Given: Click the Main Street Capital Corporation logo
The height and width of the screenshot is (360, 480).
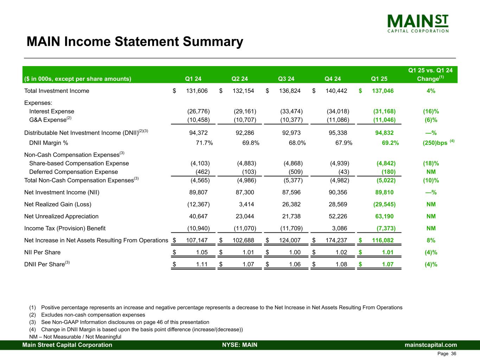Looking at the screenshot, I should [418, 24].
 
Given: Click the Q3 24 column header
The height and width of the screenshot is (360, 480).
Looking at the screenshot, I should [286, 79].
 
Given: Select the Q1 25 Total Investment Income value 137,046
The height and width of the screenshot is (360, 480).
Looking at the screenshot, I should [383, 91].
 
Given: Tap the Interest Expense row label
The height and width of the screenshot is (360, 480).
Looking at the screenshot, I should [52, 111].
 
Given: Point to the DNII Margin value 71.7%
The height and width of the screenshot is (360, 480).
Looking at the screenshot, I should [204, 143].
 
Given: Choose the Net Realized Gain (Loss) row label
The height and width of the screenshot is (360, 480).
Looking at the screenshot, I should [58, 204].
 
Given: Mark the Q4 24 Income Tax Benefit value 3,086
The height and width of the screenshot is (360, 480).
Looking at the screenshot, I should [339, 228].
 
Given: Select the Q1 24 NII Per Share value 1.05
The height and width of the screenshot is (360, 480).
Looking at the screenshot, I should [201, 252].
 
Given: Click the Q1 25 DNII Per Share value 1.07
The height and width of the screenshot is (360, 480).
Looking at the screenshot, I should [388, 264].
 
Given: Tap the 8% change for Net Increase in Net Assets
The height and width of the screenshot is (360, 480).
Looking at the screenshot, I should [431, 240].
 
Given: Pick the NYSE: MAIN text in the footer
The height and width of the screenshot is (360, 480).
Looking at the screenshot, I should [239, 345].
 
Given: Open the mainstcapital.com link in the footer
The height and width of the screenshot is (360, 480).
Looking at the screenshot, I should [431, 345].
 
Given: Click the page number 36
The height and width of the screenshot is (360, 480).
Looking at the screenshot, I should [453, 354].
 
